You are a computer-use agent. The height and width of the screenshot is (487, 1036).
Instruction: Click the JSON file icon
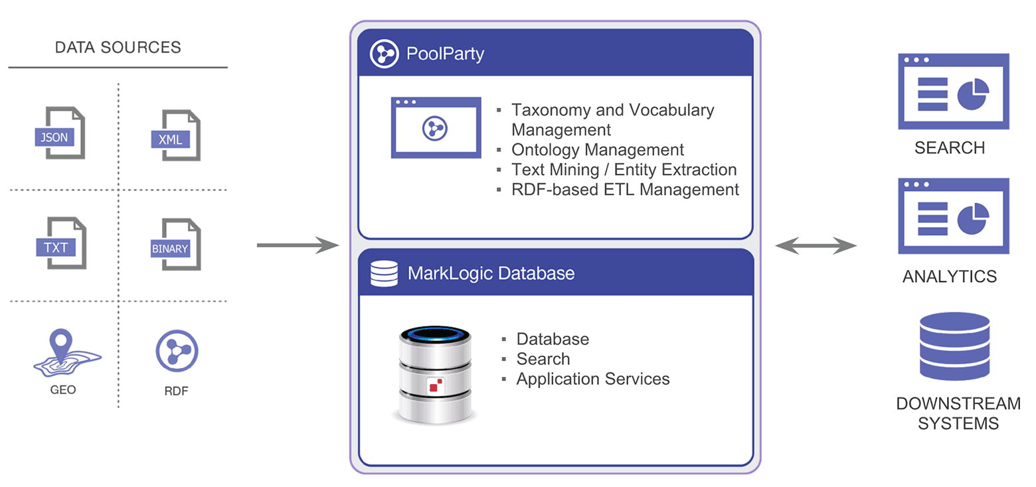point(60,133)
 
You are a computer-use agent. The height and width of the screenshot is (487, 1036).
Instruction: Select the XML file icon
point(176,135)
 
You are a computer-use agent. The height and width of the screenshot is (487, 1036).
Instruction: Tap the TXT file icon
point(61,243)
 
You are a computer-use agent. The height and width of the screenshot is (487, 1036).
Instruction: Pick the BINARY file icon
point(176,245)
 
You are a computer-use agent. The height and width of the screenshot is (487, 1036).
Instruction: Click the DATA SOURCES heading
point(118,48)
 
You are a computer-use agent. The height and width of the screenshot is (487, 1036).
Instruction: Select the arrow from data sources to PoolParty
point(298,245)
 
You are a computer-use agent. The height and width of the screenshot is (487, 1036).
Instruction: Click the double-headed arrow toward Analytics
point(816,246)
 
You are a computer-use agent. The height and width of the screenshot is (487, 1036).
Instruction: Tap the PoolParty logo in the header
point(383,54)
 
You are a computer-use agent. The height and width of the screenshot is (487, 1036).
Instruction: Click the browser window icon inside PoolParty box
point(436,127)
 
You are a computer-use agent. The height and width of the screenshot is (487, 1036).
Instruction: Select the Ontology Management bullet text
point(597,150)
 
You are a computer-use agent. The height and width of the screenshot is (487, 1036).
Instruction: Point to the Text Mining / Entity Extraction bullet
point(624,170)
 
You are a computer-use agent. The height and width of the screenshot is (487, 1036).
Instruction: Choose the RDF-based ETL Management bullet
point(624,190)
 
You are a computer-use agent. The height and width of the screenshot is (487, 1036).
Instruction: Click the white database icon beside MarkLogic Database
point(384,273)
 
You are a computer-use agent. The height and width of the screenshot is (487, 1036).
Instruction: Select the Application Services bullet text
point(592,379)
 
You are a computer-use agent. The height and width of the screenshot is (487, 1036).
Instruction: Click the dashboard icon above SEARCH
point(953,92)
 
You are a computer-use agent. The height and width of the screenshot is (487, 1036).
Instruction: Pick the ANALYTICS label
point(949,277)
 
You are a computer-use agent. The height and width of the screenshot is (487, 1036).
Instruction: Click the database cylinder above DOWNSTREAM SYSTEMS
point(954,346)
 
